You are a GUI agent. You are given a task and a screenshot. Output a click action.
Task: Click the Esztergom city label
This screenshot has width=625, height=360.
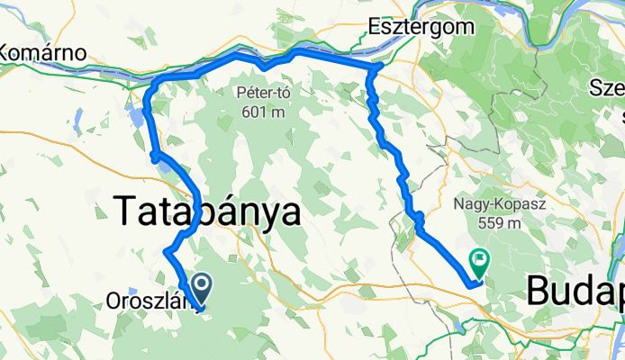421,27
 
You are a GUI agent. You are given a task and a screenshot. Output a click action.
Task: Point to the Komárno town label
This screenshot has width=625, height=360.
42,52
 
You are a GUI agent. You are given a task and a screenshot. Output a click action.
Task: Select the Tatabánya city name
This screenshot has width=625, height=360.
207,212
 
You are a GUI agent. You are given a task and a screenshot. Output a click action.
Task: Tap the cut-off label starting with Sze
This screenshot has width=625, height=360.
605,87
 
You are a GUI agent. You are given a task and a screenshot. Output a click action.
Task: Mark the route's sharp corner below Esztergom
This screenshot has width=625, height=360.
379,67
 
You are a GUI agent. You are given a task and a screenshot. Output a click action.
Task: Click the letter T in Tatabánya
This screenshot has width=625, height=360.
127,212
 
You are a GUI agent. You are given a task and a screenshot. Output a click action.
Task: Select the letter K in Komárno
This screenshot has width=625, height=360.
8,52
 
